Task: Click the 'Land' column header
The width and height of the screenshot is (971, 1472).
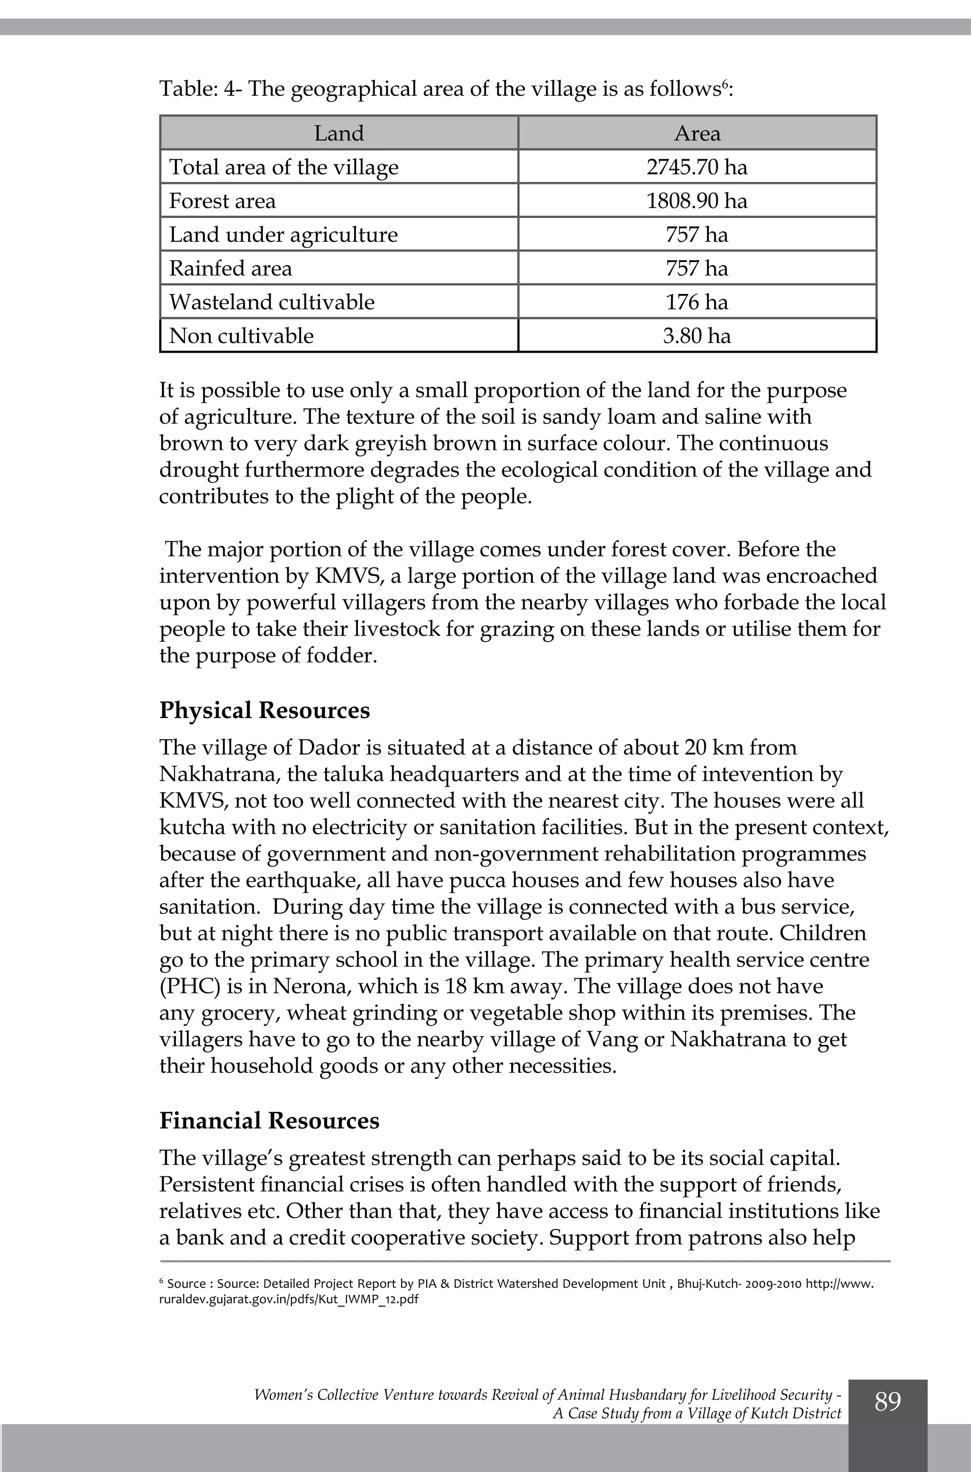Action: [339, 134]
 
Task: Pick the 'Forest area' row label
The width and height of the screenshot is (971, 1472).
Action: [222, 201]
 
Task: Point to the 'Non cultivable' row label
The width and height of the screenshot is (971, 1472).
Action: [241, 336]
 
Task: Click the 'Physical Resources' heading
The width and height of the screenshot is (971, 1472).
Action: [265, 710]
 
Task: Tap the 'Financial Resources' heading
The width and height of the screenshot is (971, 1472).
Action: [269, 1120]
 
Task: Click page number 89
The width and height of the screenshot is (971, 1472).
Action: [888, 1401]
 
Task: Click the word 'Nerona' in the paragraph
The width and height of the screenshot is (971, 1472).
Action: [311, 987]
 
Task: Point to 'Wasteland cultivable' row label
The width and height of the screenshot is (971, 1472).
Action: [272, 302]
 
